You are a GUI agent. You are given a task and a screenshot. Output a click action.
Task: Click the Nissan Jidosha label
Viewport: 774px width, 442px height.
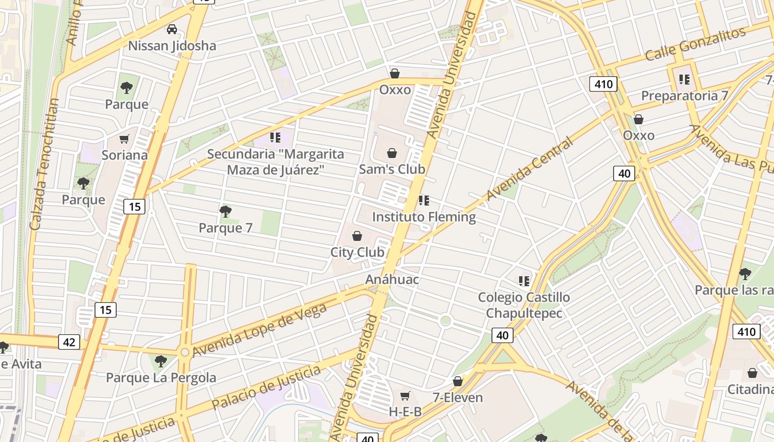[x=172, y=45]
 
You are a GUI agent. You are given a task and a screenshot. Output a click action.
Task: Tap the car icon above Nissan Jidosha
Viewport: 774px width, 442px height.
[x=172, y=29]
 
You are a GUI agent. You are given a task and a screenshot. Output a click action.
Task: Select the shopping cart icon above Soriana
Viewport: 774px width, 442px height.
[x=124, y=139]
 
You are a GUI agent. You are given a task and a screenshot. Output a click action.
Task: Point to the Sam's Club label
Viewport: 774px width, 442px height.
[x=392, y=169]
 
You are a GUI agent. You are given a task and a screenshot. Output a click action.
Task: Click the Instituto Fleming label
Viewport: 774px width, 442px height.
[x=423, y=217]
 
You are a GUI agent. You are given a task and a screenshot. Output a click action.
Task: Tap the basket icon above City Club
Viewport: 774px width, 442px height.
[x=357, y=236]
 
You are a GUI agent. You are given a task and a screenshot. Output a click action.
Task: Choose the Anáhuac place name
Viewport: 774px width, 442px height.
[x=392, y=280]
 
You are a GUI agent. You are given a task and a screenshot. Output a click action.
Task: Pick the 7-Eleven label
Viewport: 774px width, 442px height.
[x=458, y=397]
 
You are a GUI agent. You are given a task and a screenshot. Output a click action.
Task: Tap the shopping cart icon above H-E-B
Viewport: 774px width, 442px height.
[x=405, y=396]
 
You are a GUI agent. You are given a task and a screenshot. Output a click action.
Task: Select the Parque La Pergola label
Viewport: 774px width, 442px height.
[x=161, y=378]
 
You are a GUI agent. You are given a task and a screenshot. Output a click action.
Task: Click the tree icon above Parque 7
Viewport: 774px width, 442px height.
[x=225, y=211]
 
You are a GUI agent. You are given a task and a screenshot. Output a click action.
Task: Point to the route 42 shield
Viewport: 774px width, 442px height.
[x=69, y=342]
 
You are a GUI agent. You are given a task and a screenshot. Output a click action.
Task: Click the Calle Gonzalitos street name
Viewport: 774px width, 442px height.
[x=695, y=44]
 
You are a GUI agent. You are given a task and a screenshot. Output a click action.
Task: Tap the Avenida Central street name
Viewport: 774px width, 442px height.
[x=529, y=169]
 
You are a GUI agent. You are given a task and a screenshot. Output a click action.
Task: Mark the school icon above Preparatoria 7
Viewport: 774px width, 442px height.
[x=684, y=80]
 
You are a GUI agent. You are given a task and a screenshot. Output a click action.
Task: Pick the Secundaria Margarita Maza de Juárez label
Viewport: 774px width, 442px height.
[x=275, y=162]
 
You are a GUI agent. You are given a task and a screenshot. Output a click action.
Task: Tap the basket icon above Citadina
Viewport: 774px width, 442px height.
[x=752, y=373]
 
